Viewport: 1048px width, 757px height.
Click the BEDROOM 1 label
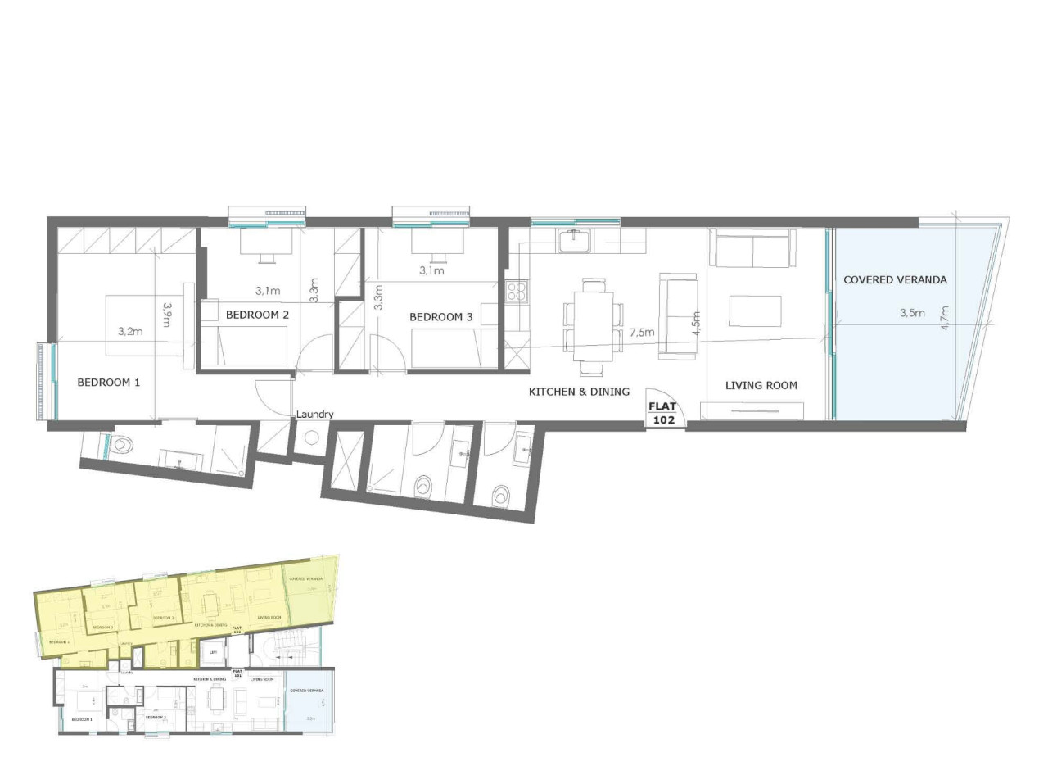(109, 382)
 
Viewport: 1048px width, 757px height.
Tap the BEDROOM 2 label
(257, 314)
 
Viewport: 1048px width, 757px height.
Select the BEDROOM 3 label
(441, 317)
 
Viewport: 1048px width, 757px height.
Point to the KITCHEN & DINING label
(579, 392)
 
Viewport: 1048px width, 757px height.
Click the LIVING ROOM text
(761, 385)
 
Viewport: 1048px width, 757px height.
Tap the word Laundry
(314, 415)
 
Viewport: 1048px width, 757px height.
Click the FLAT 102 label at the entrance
(662, 412)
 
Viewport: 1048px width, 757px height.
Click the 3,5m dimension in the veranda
(912, 313)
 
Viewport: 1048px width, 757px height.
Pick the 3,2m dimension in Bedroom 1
(131, 332)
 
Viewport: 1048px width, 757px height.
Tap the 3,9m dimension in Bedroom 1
(166, 315)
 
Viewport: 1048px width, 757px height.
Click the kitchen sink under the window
(570, 242)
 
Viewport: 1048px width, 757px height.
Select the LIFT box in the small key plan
(213, 653)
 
